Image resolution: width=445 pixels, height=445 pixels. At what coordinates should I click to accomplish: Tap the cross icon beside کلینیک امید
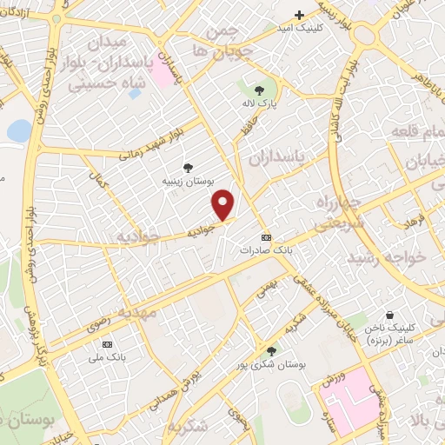click(x=300, y=15)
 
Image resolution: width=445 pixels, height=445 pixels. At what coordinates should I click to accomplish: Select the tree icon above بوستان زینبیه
click(x=188, y=168)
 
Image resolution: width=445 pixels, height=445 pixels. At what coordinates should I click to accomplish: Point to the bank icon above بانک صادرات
click(x=266, y=237)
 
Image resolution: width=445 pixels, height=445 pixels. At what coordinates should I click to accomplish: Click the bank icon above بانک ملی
click(x=107, y=343)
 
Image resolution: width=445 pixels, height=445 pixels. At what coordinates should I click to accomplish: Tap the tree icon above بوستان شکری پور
click(x=272, y=350)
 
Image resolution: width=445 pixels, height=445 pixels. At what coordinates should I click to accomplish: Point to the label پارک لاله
click(x=258, y=103)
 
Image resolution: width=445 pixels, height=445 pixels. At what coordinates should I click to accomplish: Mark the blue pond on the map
click(x=18, y=131)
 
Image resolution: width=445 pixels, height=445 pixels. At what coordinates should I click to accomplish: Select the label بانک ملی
click(x=107, y=356)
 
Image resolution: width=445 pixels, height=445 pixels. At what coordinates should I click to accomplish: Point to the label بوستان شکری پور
click(x=271, y=365)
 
